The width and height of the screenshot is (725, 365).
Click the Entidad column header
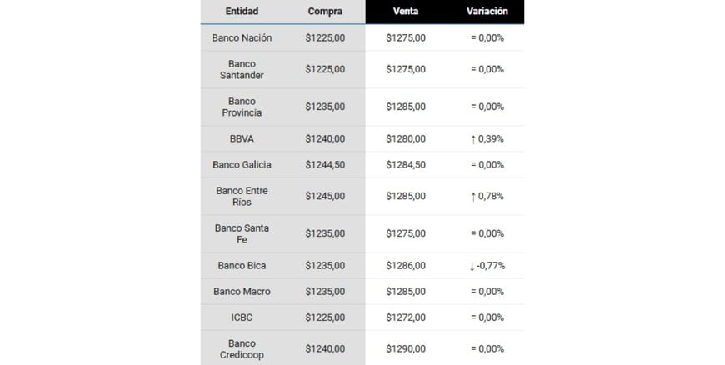[x=242, y=12]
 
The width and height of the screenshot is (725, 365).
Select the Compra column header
[x=325, y=12]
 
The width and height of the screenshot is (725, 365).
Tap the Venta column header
[x=406, y=12]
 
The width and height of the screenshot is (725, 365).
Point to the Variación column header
[x=487, y=12]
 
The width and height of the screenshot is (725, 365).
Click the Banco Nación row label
[x=242, y=37]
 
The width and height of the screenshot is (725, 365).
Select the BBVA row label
[x=242, y=138]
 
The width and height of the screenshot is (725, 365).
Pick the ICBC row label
[x=242, y=317]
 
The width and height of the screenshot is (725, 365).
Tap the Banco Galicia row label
[x=242, y=165]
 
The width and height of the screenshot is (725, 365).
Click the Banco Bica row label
[x=242, y=266]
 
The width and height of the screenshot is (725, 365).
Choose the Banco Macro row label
[x=242, y=292]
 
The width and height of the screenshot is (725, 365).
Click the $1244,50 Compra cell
[x=325, y=165]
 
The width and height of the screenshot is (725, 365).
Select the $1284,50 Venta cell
[x=406, y=165]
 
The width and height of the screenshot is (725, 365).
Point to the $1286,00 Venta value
[x=406, y=266]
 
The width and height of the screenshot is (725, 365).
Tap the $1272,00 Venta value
[x=406, y=317]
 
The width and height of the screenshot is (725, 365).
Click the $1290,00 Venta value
[x=406, y=348]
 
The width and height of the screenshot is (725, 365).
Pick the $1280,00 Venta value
[x=406, y=138]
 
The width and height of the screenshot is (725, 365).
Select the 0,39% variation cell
[x=487, y=138]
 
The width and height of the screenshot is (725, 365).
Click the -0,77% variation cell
[x=487, y=266]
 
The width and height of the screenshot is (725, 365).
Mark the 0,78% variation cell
[x=487, y=196]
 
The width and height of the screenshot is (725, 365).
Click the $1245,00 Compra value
[x=325, y=196]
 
